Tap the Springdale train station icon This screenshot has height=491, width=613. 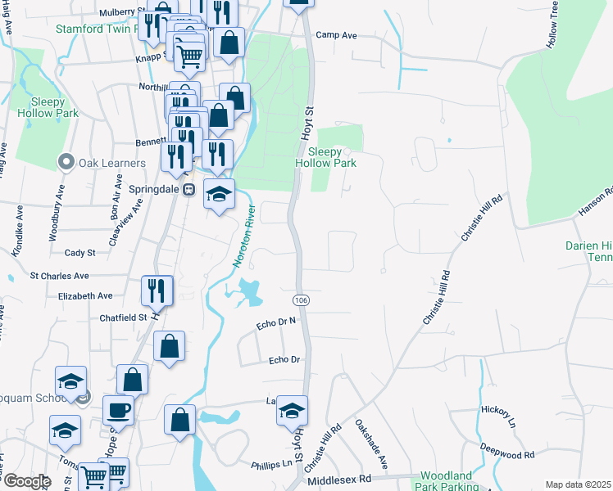coord(189,189)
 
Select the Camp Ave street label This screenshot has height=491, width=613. coord(337,35)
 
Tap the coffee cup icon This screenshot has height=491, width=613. coord(118,409)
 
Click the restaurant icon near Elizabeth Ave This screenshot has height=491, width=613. coord(157,290)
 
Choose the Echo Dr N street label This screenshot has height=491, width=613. coord(275,323)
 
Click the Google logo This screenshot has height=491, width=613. coord(26,481)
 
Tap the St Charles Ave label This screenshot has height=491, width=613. coord(59,277)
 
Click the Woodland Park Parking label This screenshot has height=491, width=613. coord(446,481)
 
